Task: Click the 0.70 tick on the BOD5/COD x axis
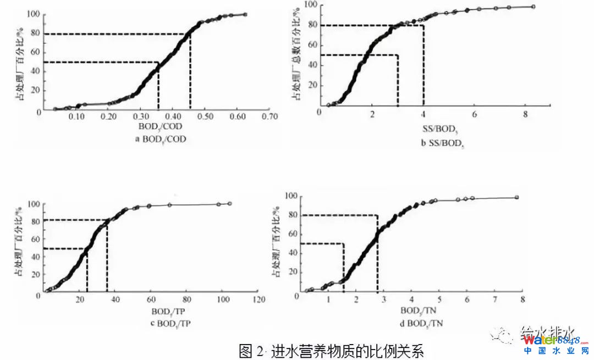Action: [269, 117]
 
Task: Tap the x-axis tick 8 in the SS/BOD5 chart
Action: [526, 114]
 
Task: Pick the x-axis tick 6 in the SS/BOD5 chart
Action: [475, 114]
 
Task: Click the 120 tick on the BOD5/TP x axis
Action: [258, 300]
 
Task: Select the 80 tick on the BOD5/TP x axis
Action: [187, 300]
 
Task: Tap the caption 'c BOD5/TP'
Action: [166, 322]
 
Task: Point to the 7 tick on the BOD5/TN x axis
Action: [494, 299]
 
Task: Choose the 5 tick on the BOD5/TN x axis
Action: [439, 299]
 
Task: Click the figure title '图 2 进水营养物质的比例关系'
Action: [332, 350]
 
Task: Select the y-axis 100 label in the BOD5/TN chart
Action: [293, 196]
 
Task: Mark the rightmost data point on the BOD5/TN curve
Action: [516, 197]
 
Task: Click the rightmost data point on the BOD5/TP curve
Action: [229, 203]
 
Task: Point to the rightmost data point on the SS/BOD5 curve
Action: [533, 7]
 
